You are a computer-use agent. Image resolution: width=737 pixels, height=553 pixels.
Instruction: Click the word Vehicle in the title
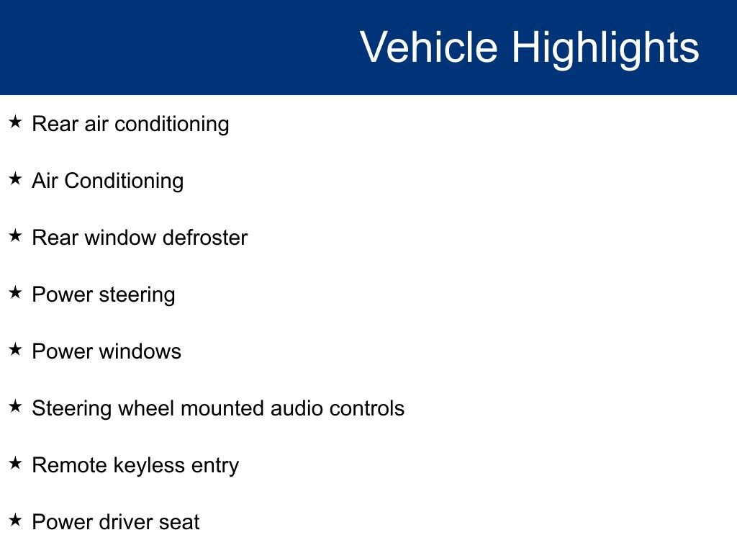click(x=429, y=47)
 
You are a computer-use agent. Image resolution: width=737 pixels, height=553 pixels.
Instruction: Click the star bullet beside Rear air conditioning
click(x=16, y=122)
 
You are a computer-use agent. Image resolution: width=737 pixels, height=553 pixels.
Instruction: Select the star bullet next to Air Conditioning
click(x=16, y=179)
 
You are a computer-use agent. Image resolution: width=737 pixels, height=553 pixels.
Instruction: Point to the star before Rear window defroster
click(x=16, y=235)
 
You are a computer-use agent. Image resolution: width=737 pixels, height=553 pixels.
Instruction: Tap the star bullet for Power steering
click(x=16, y=292)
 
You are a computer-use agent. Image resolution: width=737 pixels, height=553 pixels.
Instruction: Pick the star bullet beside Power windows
click(x=16, y=349)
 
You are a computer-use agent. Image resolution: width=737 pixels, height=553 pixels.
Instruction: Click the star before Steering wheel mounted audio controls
click(x=16, y=406)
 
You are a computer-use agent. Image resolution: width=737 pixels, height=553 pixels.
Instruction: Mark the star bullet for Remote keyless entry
click(x=16, y=463)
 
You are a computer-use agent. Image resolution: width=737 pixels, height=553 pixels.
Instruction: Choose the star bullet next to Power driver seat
click(x=16, y=520)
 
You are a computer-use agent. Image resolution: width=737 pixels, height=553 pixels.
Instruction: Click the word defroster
click(x=205, y=238)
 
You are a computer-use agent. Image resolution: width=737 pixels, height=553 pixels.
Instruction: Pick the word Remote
click(x=70, y=465)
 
